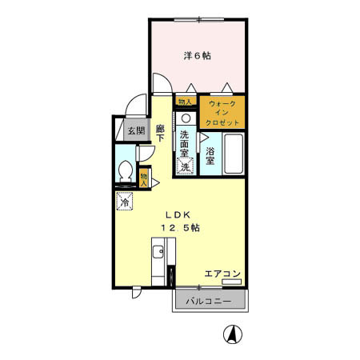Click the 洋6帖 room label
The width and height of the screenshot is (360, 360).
197,55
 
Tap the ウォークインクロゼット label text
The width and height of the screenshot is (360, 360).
222,114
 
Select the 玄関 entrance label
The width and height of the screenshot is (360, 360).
135,130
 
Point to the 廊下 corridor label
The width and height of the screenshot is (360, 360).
160,133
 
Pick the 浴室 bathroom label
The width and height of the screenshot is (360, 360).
210,156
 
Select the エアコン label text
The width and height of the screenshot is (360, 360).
221,273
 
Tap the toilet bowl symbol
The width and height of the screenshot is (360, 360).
126,172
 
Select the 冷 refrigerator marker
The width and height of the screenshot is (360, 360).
125,202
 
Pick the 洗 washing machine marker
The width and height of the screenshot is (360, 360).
185,167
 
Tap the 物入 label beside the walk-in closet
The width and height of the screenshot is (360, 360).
185,102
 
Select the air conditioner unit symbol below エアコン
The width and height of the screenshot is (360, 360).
232,282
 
